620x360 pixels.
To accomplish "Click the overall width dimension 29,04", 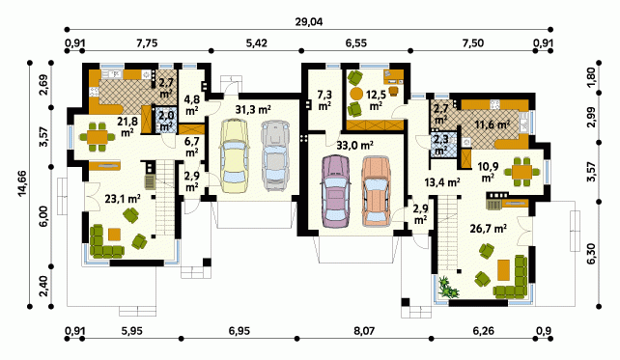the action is [x=309, y=22].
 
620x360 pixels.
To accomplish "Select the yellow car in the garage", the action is [x=235, y=155].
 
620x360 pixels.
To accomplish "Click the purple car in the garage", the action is [x=336, y=191].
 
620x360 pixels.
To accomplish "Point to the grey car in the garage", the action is [x=275, y=155].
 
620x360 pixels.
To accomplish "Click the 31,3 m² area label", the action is [x=253, y=110].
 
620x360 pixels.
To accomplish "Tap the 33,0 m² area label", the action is [x=355, y=146].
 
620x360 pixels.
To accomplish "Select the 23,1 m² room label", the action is [x=123, y=199].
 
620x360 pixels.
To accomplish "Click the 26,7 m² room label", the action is [x=489, y=228].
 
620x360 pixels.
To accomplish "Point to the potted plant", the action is [x=448, y=287].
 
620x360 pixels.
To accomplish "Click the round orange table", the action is [x=356, y=94].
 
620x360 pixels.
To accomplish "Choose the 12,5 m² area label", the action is [x=376, y=100].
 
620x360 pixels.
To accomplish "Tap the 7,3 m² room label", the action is [x=324, y=100].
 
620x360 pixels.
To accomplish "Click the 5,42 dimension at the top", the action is [x=256, y=42].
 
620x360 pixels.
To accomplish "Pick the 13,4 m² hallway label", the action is [x=442, y=182].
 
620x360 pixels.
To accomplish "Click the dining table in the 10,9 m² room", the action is [x=521, y=172].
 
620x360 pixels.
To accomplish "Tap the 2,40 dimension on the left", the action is [x=43, y=286].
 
